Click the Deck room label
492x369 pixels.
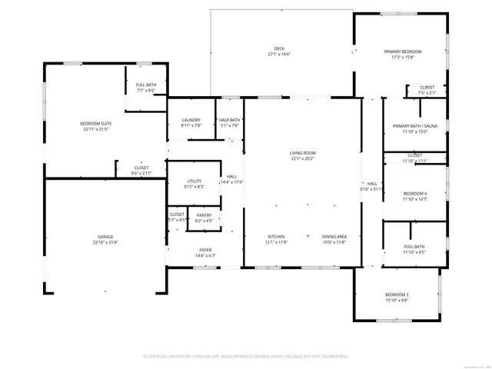(281, 48)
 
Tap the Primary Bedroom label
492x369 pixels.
(403, 52)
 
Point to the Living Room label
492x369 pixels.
(302, 153)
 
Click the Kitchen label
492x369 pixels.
(277, 236)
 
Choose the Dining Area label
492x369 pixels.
(334, 236)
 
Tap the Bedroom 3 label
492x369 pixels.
(397, 294)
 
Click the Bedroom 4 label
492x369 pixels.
(414, 193)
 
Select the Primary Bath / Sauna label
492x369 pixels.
(414, 126)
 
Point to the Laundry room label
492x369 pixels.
(191, 120)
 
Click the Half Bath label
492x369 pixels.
(229, 120)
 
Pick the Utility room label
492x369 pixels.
(194, 181)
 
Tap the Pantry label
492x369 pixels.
(204, 215)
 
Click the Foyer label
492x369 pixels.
(205, 250)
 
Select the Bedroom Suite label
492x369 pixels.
(95, 124)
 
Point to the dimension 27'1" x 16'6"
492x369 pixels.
(281, 55)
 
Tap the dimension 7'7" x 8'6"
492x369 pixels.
(146, 91)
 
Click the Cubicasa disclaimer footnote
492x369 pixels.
(245, 357)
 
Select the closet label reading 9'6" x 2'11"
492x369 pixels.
(141, 174)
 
